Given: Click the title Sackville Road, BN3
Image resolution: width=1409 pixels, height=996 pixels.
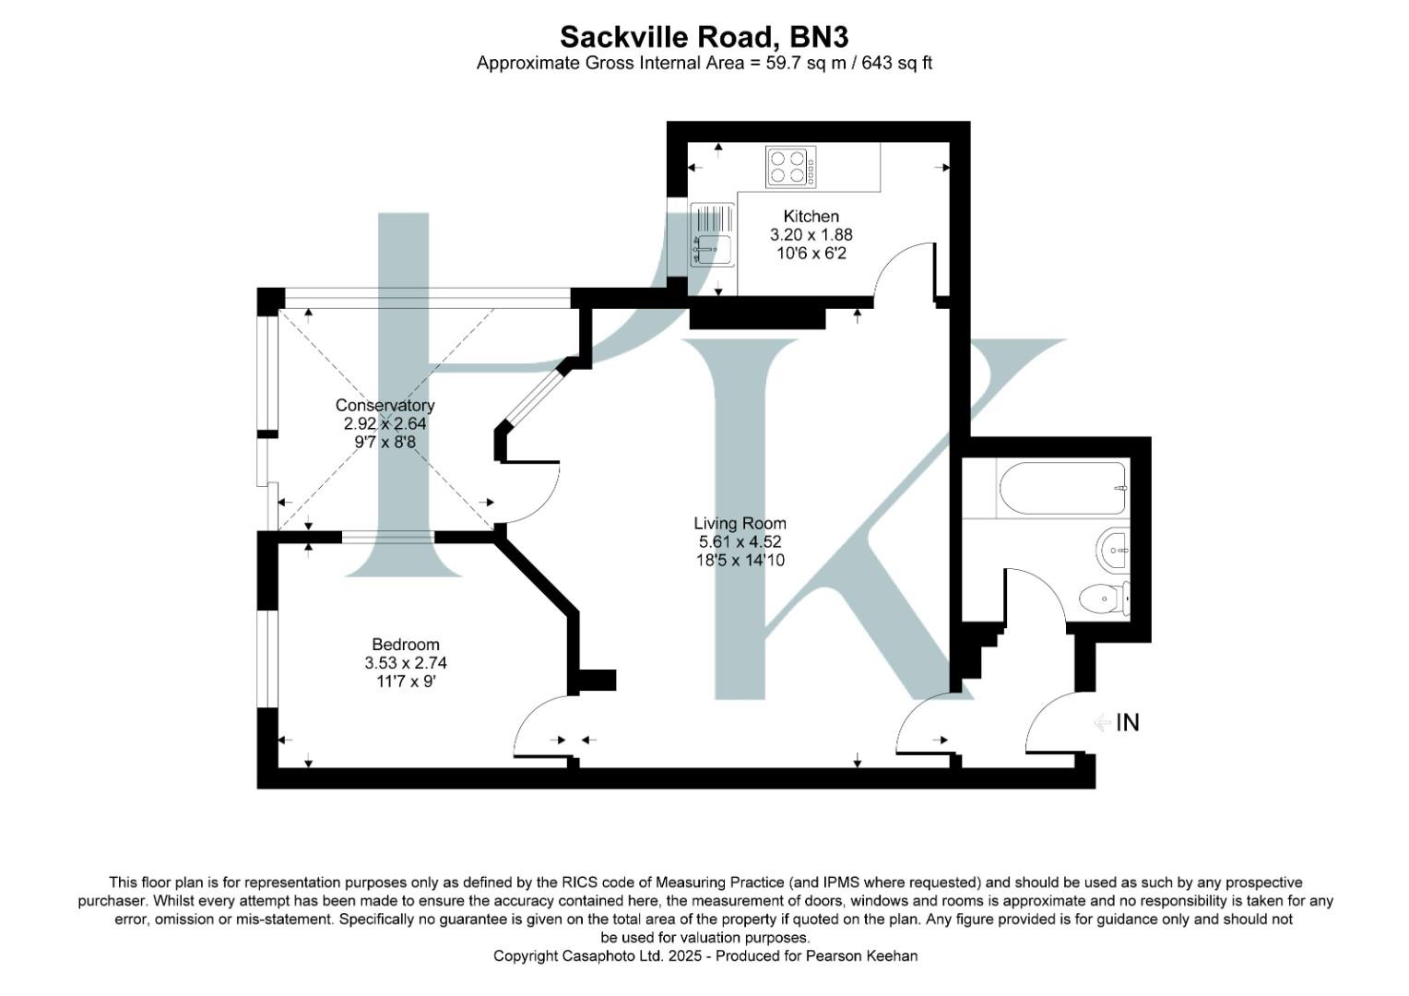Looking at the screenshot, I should click(704, 37).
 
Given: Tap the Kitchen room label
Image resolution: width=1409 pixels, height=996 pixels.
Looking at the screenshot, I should click(811, 216).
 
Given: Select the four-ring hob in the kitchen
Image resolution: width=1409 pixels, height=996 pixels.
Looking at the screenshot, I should click(790, 167).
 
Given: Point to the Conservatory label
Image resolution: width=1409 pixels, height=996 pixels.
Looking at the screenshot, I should click(385, 405).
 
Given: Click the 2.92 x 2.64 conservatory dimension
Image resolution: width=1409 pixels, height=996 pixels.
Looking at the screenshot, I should click(385, 423).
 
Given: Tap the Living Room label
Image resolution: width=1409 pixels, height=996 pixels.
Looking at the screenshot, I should click(740, 523).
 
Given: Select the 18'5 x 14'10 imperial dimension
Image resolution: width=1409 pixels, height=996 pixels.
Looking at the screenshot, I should click(740, 560).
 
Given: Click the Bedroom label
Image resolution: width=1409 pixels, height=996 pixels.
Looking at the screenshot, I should click(406, 645).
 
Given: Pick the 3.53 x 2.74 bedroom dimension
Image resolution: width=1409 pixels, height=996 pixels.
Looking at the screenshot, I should click(406, 663).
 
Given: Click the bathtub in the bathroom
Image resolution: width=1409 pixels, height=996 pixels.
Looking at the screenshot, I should click(1061, 489).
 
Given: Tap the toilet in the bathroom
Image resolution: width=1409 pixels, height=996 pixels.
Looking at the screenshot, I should click(1103, 599).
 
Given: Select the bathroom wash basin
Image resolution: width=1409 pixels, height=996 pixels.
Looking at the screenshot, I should click(1115, 551).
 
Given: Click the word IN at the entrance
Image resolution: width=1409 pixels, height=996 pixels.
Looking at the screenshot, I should click(1128, 723).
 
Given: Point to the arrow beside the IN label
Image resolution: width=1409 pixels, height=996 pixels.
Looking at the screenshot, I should click(1103, 722).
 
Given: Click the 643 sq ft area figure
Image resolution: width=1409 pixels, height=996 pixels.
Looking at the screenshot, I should click(897, 63).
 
